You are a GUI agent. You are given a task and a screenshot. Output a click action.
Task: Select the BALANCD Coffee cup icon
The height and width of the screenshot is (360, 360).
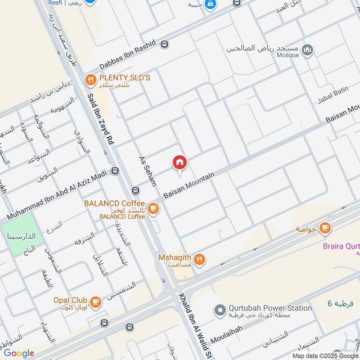153,207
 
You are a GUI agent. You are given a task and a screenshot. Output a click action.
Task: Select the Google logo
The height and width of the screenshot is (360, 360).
19,353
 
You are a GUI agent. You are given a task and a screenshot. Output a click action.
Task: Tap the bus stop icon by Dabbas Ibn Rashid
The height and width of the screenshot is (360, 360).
165,44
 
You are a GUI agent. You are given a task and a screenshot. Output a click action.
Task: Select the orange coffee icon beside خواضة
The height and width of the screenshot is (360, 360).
324,228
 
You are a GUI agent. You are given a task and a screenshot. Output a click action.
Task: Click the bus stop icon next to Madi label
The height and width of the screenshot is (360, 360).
116,171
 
